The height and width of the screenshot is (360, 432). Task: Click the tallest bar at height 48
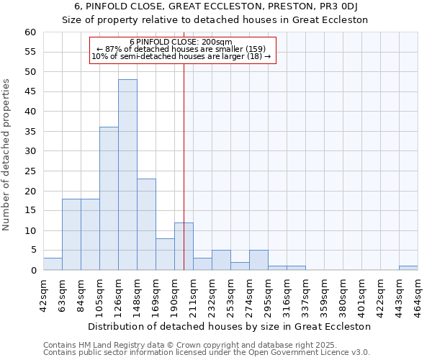coord(127,175)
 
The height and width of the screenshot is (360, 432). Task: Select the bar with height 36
coord(109,199)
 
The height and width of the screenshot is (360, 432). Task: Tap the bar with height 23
coord(146,225)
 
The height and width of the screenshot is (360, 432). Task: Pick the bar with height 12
coord(184,246)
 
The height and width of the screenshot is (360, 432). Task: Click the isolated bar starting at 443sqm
coord(408,268)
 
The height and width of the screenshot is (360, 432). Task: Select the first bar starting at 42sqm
coord(53,264)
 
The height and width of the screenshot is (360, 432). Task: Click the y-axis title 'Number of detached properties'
coord(7,155)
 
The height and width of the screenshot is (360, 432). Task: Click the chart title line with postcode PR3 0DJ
coord(216,7)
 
